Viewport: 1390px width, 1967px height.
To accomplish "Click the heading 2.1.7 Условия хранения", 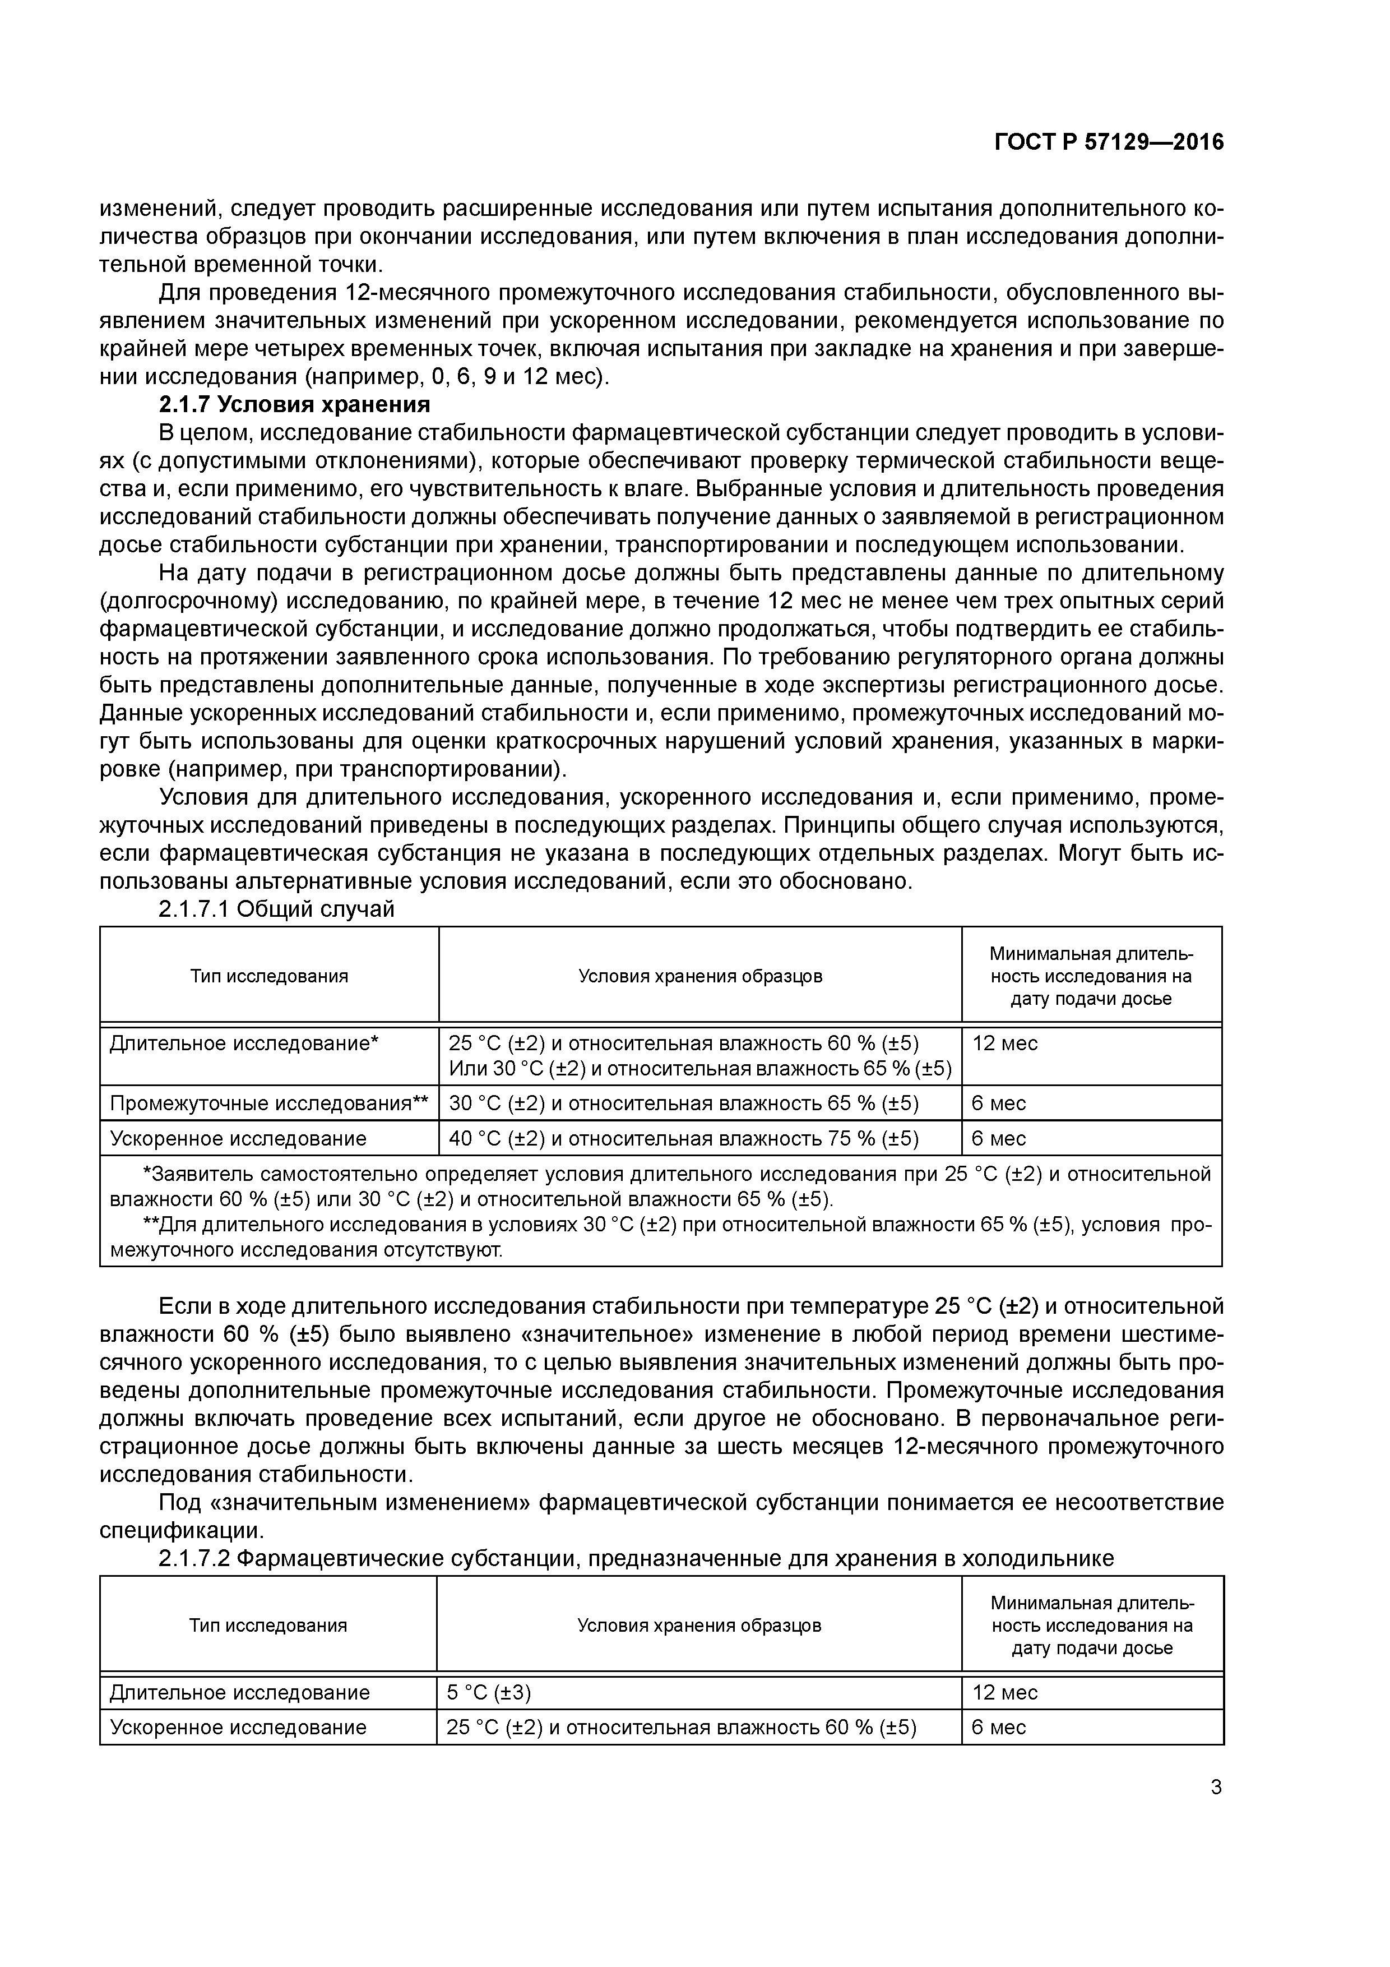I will pos(295,404).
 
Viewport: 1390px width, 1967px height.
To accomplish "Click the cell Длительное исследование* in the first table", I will pos(244,1043).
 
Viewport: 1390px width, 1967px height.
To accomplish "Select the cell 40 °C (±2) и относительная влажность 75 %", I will pos(683,1139).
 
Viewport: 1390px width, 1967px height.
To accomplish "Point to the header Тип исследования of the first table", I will pos(269,976).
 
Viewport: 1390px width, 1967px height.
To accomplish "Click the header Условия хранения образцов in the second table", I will pos(699,1625).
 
